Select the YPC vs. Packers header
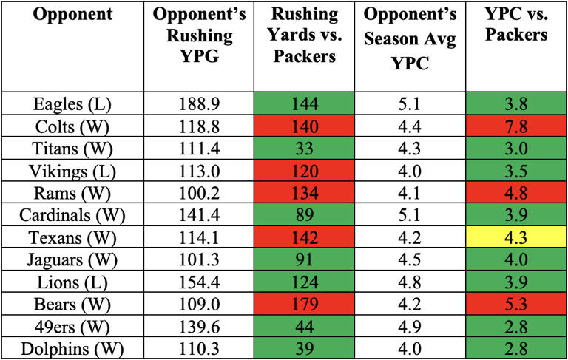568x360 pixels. (515, 24)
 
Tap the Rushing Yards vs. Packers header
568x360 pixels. (303, 35)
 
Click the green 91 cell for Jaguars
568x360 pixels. (303, 259)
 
